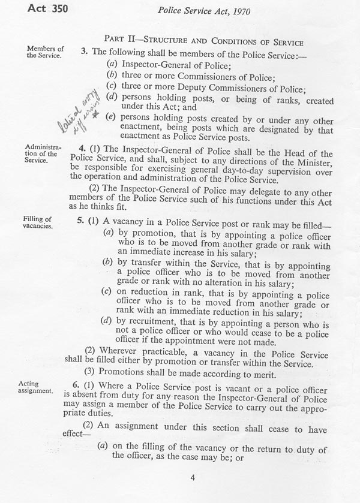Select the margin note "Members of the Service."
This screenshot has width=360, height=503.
(44, 52)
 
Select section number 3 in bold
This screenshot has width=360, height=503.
(83, 52)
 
